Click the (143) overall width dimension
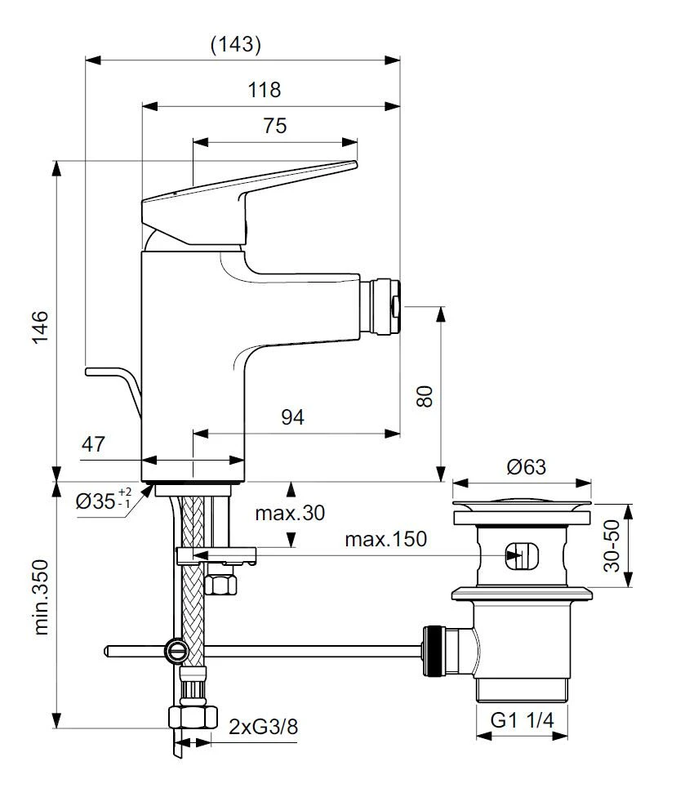pos(236,45)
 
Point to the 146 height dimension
pos(41,327)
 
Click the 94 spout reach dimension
pos(292,417)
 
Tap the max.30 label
pos(289,513)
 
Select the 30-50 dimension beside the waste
pos(616,545)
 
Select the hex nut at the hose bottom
pos(193,719)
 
